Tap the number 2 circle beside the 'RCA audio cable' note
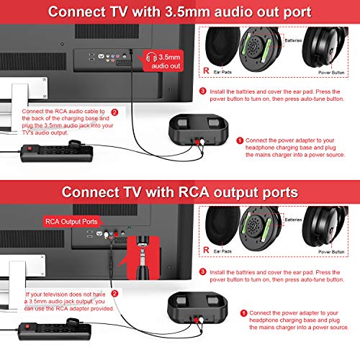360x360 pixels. click(113, 112)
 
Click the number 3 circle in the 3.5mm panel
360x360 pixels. click(203, 91)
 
